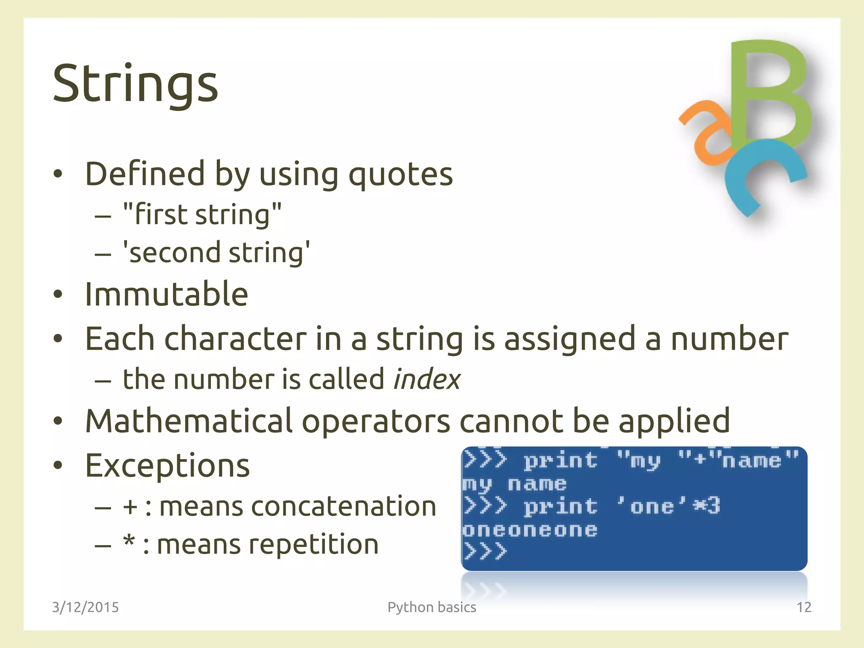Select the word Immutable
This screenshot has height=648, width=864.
(x=166, y=294)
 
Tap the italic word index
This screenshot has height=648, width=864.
(x=426, y=379)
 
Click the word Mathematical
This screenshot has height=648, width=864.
(x=189, y=421)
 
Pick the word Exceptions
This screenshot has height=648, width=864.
(x=167, y=466)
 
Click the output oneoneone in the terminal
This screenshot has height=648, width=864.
(x=530, y=530)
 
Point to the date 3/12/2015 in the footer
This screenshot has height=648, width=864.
(x=85, y=607)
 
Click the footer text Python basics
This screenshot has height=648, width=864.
(x=432, y=607)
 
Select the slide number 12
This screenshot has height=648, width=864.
(x=804, y=607)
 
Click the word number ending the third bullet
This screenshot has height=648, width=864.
(x=729, y=339)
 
